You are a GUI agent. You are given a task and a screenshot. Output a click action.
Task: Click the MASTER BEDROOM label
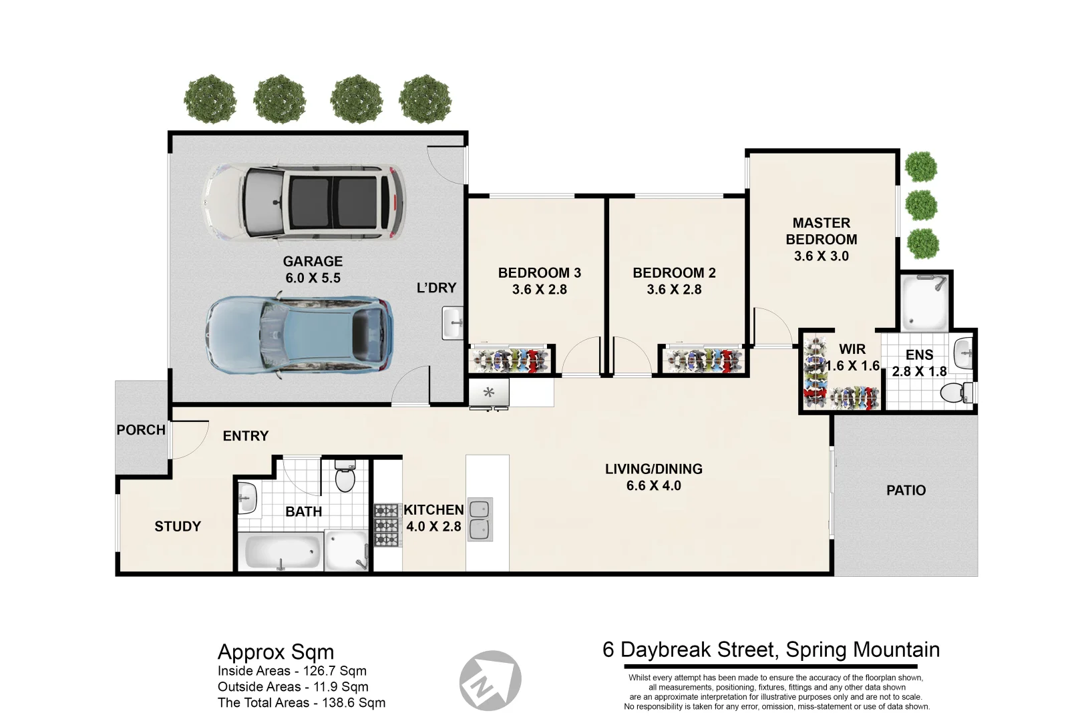(821, 231)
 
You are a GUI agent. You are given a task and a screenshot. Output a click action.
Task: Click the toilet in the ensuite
(957, 393)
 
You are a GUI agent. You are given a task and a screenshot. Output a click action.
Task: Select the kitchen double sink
(480, 519)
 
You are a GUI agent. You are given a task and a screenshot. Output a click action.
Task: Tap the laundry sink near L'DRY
(453, 324)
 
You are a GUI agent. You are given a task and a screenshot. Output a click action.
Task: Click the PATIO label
(906, 491)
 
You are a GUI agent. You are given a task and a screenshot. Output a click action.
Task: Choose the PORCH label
(141, 430)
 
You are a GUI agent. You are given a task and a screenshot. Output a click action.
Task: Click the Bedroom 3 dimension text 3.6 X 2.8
(539, 290)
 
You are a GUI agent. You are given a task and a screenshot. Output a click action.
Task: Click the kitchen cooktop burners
(387, 526)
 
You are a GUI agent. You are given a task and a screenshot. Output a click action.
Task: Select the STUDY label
(178, 527)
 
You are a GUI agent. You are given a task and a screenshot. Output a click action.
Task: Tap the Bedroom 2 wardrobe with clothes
(705, 360)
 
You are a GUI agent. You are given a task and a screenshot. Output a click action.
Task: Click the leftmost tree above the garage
(210, 99)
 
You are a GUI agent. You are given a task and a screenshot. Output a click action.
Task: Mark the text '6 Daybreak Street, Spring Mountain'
(771, 650)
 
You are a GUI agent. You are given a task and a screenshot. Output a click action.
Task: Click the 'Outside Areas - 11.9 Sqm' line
(293, 687)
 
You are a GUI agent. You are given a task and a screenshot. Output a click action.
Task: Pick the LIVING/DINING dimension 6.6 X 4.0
(653, 486)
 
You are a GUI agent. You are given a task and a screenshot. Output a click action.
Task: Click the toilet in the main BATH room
(345, 476)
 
